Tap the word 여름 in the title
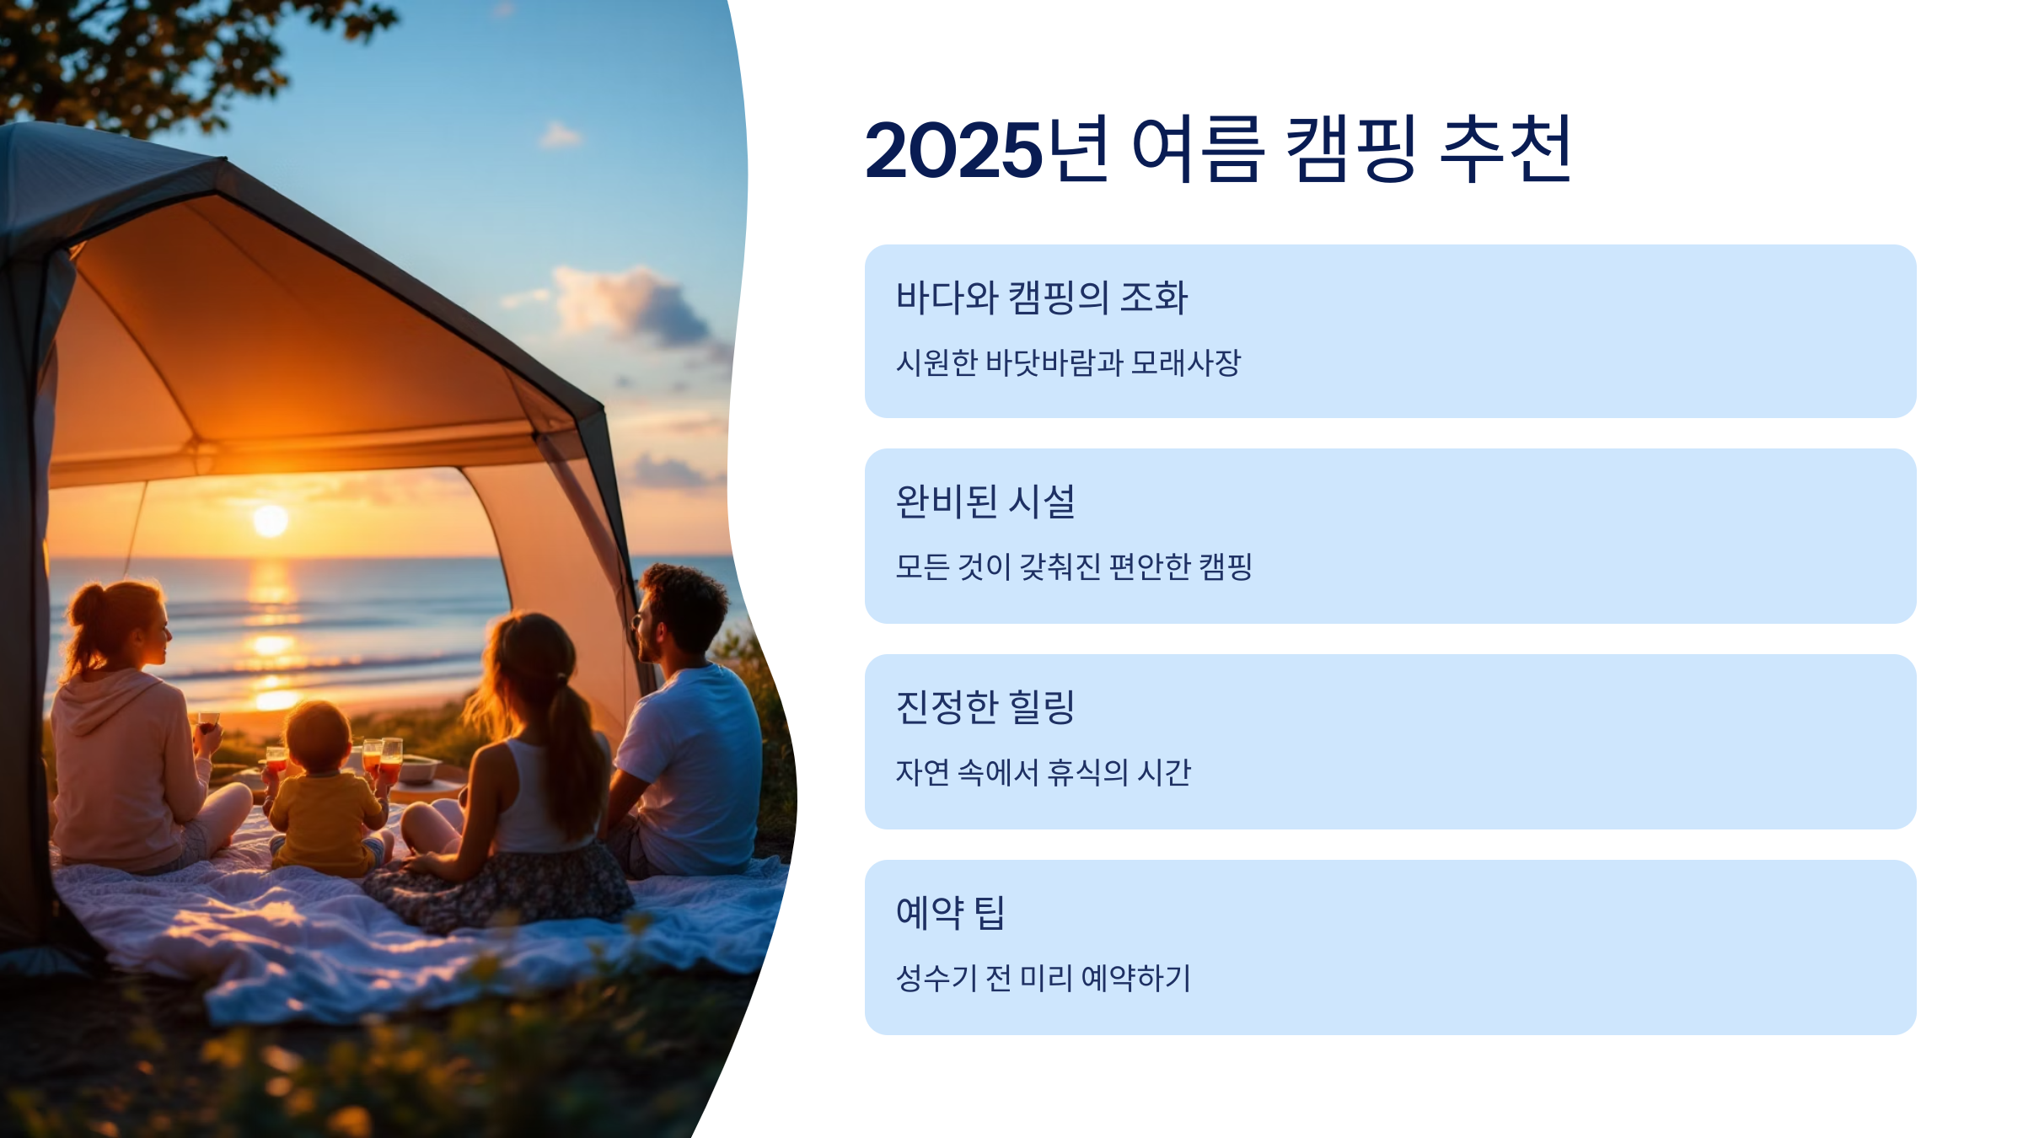(1197, 150)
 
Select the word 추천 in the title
(1505, 150)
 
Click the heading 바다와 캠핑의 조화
(1042, 298)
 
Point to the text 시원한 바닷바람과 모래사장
(1068, 362)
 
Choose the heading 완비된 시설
(985, 502)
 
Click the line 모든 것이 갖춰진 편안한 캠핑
(1074, 566)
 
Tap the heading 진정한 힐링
(985, 707)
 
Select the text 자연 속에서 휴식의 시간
(1044, 772)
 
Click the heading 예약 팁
(951, 913)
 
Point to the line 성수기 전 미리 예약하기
(1044, 978)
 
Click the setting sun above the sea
(271, 520)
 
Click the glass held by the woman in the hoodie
(208, 722)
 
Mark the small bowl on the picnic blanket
(419, 768)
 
